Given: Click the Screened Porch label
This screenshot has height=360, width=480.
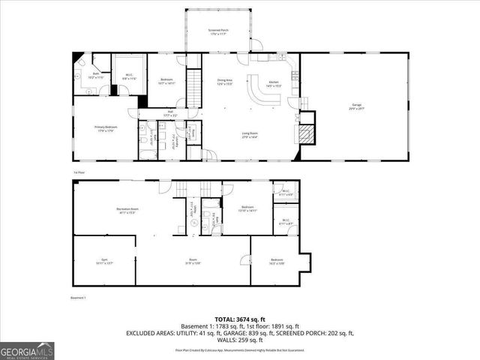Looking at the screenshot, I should click(x=218, y=31).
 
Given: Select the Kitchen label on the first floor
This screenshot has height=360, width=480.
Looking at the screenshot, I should click(x=274, y=83).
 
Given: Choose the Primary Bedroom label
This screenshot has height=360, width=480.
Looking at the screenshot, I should click(x=103, y=129).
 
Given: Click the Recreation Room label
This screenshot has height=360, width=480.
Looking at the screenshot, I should click(x=127, y=210).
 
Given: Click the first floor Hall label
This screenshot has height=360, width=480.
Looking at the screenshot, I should click(x=171, y=113).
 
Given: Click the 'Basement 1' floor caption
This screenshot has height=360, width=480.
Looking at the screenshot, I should click(x=79, y=298).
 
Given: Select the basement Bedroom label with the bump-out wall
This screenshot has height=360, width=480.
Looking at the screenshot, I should click(x=277, y=262).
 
